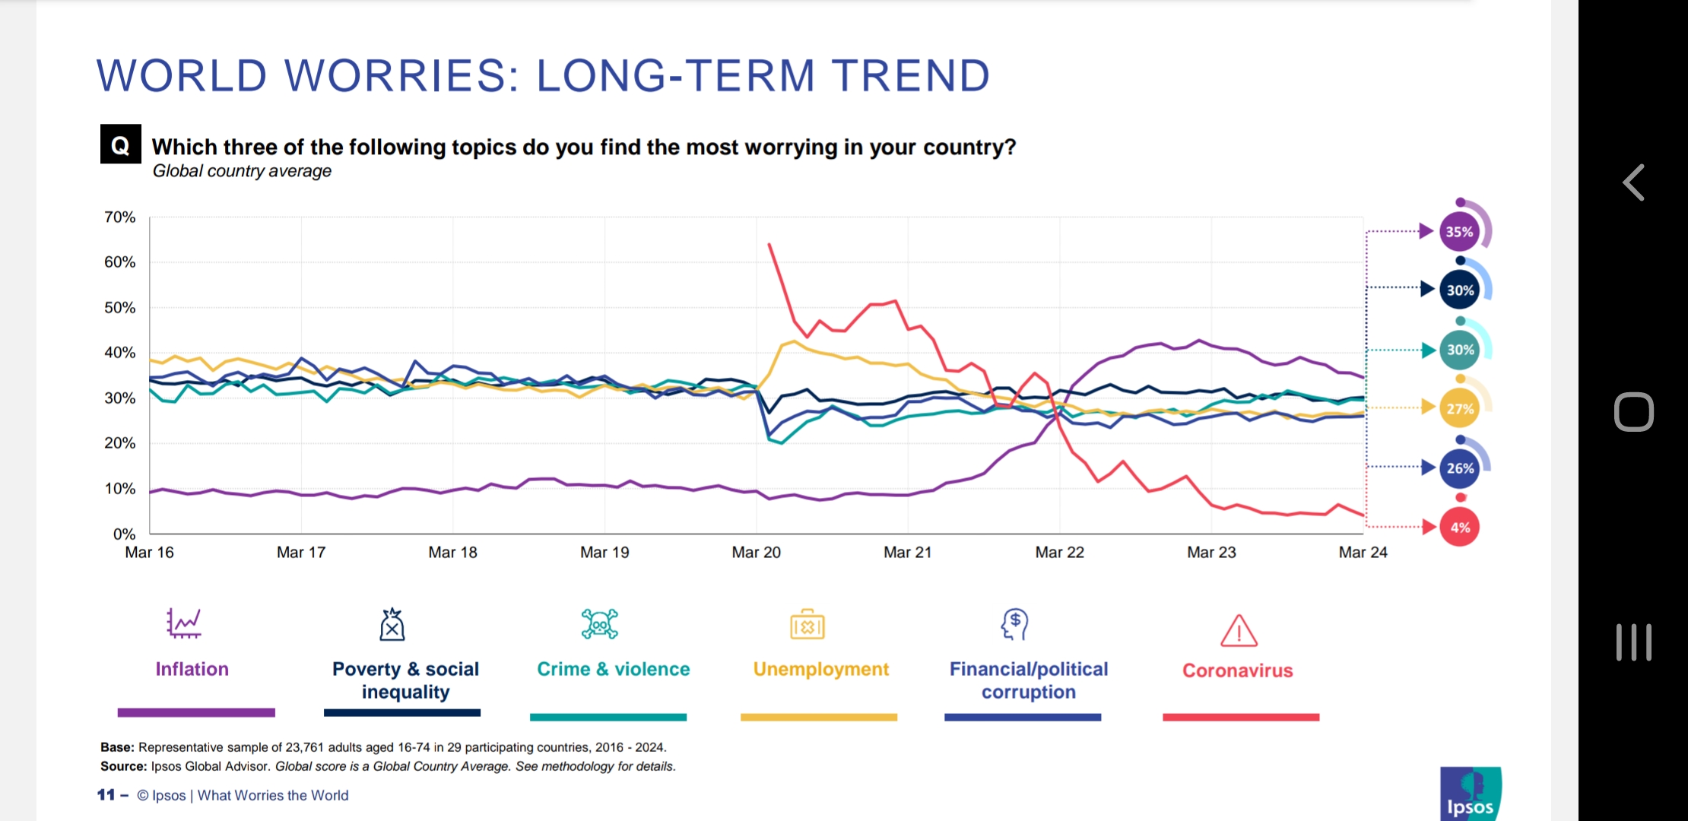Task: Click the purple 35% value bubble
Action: (1459, 232)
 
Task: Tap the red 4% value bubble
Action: (1460, 528)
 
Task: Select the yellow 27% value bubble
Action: (1460, 409)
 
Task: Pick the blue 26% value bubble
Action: (1460, 468)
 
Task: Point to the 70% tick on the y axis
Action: (119, 217)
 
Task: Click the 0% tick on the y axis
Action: (124, 534)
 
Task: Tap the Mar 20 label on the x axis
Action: (756, 553)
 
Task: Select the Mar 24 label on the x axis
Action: (1363, 553)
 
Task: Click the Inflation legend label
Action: (192, 669)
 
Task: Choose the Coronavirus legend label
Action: (1237, 670)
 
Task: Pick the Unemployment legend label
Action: (820, 669)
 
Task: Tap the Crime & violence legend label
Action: (613, 669)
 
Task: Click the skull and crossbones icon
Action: (599, 624)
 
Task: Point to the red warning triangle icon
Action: (1239, 631)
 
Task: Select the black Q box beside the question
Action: (120, 144)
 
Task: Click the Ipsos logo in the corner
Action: (1470, 794)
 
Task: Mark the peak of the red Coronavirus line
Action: (769, 244)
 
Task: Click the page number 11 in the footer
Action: (106, 795)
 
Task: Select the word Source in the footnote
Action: (123, 766)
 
